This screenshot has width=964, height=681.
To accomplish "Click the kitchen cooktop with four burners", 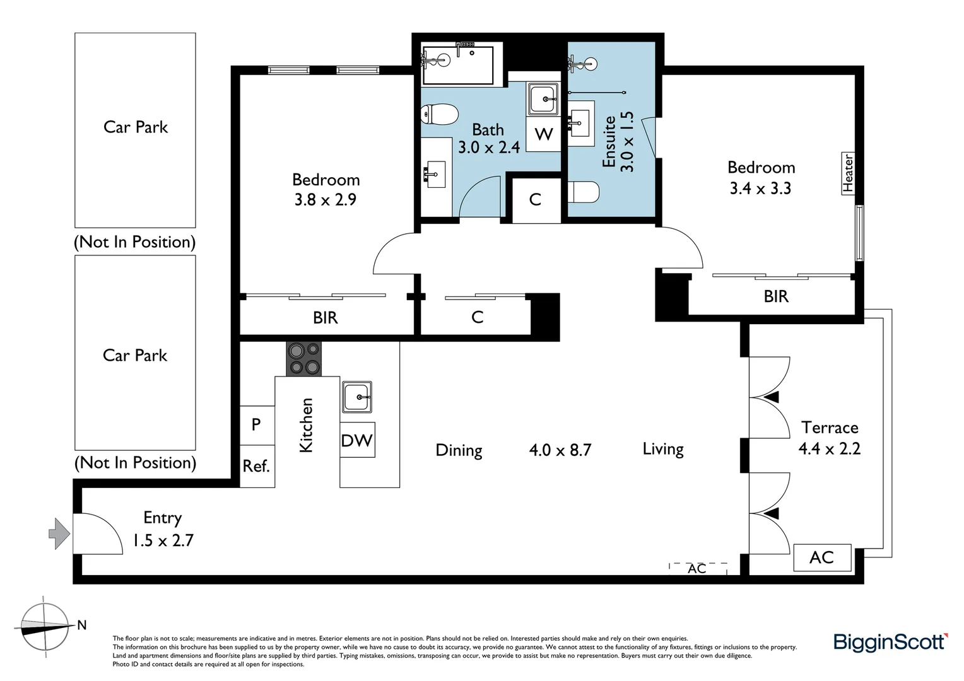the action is [x=304, y=359].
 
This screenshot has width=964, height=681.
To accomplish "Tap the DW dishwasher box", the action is [x=357, y=439].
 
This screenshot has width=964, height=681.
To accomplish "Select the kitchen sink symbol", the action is [x=356, y=397].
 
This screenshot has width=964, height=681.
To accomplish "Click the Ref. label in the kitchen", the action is [x=257, y=466].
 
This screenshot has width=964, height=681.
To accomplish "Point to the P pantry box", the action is [x=257, y=425].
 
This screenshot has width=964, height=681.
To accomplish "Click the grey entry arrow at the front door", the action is [x=59, y=534].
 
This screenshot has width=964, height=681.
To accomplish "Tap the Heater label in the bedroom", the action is [x=848, y=173].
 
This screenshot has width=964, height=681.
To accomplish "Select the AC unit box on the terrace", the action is [x=823, y=557].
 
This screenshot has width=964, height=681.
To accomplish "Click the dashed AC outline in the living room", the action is [x=698, y=568].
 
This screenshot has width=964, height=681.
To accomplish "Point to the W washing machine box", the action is [x=544, y=134].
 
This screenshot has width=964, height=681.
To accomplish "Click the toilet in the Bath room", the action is [x=439, y=114].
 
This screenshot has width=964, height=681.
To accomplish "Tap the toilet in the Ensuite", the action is [x=584, y=192].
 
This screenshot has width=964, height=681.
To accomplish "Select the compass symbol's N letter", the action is [x=82, y=625].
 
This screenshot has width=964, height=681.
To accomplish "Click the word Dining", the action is [x=459, y=450].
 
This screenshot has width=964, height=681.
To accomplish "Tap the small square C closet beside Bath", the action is [x=536, y=200].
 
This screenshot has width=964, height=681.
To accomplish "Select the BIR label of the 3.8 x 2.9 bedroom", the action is [x=326, y=318].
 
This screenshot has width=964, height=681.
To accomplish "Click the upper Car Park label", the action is [x=136, y=127].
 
